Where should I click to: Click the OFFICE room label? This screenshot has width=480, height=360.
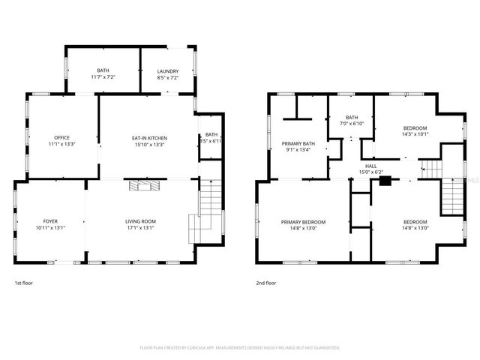point(61,138)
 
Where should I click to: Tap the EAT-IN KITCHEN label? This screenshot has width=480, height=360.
point(149,138)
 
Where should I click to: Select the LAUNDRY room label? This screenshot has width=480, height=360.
point(168,71)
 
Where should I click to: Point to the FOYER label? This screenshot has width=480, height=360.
point(50,222)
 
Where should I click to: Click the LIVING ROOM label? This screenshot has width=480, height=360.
point(139,222)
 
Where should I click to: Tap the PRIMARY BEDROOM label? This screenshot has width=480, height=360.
point(304,222)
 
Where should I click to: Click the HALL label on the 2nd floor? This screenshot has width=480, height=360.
point(370,166)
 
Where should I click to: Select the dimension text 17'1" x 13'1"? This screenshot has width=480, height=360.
point(139,228)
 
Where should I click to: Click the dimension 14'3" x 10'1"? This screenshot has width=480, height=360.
point(415,134)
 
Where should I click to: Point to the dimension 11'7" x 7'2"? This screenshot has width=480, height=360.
point(103,77)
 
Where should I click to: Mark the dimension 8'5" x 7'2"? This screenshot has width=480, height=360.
point(168,77)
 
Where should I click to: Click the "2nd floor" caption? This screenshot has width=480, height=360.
point(265,283)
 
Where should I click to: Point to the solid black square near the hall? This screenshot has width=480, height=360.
point(385,180)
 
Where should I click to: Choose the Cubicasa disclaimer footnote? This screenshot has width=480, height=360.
point(240,348)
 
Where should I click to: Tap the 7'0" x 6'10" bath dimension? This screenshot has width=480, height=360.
point(352,124)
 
